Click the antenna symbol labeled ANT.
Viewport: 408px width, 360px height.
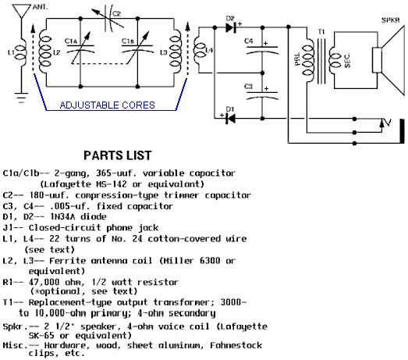22,11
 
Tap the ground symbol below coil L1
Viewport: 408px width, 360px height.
21,98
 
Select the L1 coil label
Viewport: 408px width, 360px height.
11,52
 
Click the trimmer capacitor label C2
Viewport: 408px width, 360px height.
116,13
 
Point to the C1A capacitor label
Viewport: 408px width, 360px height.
71,41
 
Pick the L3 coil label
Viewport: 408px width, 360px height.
163,52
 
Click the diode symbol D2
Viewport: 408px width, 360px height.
231,27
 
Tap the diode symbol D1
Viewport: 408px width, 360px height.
231,119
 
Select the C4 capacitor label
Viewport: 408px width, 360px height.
249,41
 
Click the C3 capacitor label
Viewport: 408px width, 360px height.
249,86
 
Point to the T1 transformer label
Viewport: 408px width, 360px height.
321,32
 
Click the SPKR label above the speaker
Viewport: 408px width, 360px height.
390,20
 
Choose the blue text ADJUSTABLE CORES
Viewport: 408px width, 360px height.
107,105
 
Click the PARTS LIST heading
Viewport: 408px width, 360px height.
118,155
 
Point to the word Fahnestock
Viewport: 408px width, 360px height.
236,345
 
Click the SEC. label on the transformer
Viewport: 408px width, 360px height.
347,60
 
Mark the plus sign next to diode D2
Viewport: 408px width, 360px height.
239,23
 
